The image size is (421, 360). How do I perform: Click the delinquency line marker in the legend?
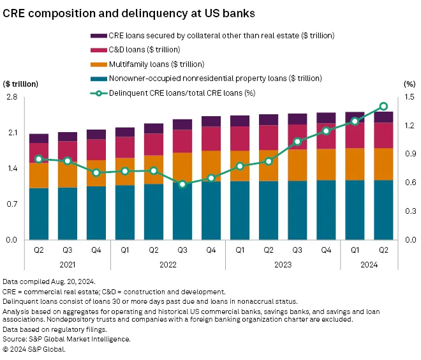(98, 93)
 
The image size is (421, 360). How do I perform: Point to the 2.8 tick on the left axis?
(11, 97)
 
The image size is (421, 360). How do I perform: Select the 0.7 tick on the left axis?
(11, 204)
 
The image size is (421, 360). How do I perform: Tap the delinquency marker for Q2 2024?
(383, 106)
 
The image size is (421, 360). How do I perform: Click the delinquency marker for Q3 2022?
(182, 184)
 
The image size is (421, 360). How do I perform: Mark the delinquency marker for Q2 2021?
(39, 159)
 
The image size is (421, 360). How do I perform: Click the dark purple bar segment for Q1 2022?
(125, 132)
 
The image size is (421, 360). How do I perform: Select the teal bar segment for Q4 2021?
(96, 213)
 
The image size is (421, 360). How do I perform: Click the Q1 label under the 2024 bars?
(355, 250)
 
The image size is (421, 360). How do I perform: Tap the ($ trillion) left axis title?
(21, 84)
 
